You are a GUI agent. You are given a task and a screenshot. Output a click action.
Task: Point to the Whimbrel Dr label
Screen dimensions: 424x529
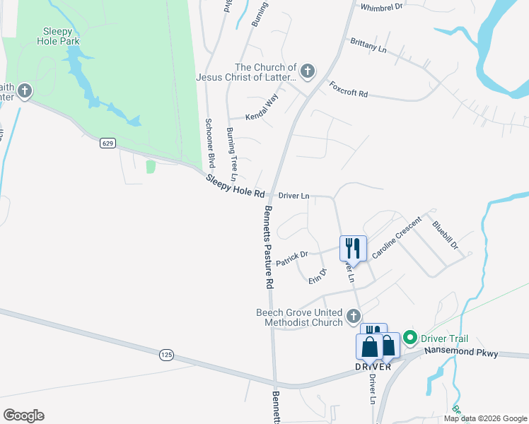(381, 6)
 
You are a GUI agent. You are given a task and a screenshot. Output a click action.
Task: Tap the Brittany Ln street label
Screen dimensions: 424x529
(368, 45)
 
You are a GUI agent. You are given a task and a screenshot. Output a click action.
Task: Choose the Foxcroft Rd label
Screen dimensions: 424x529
(349, 89)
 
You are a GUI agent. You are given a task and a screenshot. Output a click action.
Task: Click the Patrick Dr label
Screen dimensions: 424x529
(292, 258)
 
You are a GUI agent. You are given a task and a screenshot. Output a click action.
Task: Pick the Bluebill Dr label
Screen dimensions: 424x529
(446, 236)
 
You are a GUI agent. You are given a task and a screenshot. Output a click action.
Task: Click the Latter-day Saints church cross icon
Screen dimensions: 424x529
(307, 71)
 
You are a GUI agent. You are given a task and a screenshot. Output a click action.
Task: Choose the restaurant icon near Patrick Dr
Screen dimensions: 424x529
(353, 248)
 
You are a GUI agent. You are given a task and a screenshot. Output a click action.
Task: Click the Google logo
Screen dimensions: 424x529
(23, 416)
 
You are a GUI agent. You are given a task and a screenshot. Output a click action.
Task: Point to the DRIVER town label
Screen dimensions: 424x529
(373, 367)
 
